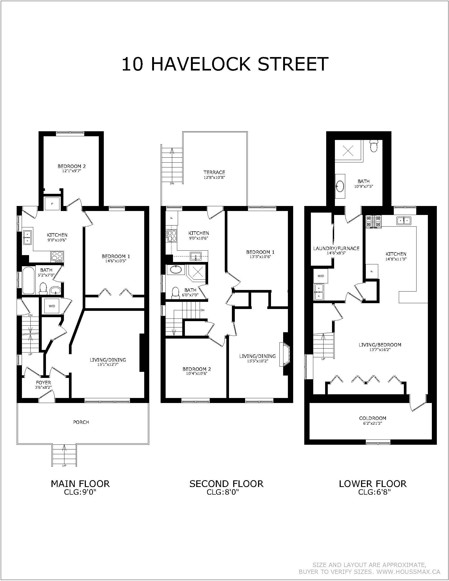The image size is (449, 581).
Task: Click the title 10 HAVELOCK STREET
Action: coord(225,64)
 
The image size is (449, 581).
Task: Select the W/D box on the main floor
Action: coord(52,306)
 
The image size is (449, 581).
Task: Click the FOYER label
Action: coord(44,383)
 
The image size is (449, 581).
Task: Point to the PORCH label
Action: coord(81,422)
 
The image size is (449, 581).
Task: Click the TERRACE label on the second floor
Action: coord(214,172)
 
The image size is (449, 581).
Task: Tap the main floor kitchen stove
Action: coord(57,256)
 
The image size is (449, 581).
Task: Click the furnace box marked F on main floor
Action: coord(52,204)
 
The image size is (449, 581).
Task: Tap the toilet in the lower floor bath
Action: coord(374,146)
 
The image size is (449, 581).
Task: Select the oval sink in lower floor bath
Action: coord(340,186)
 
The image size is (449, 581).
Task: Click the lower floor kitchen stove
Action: coord(373,222)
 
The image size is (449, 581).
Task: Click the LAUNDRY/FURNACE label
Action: coord(336,249)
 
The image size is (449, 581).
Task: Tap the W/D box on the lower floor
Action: coord(321,276)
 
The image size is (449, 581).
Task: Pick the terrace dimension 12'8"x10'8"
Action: coord(214,177)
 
